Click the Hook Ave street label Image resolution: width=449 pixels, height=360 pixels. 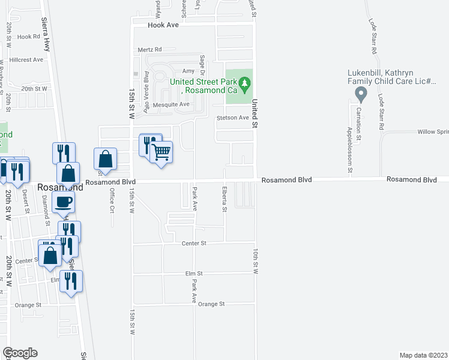[164, 26]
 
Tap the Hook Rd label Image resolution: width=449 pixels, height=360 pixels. [28, 37]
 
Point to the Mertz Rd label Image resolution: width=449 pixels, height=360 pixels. [149, 50]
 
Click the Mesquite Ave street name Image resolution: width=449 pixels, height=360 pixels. [171, 104]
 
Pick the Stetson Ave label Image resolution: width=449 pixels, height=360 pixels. [232, 118]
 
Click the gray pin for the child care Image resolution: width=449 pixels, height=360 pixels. [361, 94]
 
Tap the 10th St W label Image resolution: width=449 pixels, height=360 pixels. [255, 262]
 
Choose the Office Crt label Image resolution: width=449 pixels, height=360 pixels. [112, 200]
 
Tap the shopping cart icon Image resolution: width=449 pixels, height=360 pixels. [161, 152]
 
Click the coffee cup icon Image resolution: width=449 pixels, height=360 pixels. [63, 202]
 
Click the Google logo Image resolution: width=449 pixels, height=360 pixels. [20, 353]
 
